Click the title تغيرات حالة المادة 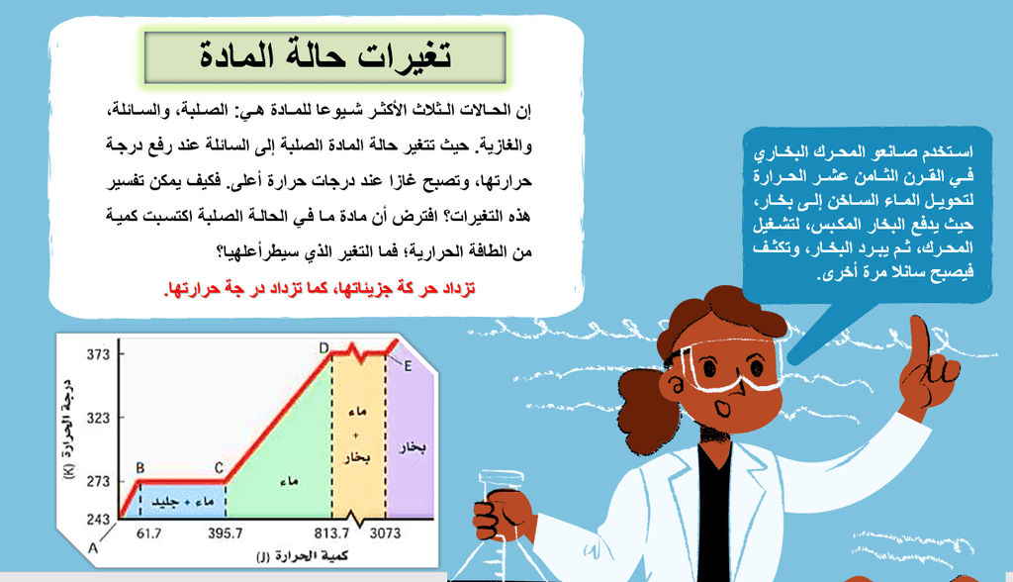[324, 55]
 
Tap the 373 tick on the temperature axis [98, 354]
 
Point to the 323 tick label [98, 418]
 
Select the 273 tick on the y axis [98, 481]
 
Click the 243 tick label [98, 520]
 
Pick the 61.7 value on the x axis [148, 533]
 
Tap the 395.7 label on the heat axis [225, 533]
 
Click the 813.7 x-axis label [331, 533]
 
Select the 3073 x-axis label [385, 533]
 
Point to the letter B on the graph [140, 468]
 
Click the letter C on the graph [219, 468]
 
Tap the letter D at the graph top [323, 348]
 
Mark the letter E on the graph [408, 366]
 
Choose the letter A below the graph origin [93, 548]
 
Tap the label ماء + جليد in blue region [182, 502]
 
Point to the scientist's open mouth [723, 408]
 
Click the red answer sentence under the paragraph [320, 288]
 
